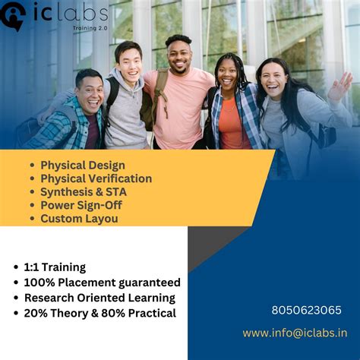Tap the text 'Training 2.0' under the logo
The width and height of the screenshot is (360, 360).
click(90, 27)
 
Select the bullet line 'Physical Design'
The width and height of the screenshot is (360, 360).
click(83, 165)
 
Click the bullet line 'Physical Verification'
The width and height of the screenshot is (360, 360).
click(96, 178)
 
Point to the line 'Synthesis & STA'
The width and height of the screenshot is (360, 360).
click(84, 191)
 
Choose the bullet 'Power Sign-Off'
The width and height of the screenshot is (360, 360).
click(81, 205)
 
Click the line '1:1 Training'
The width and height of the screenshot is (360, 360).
click(55, 267)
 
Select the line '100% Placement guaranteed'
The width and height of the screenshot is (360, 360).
click(102, 283)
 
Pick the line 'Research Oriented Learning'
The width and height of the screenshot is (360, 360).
click(99, 298)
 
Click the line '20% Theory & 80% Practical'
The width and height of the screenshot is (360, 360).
click(99, 313)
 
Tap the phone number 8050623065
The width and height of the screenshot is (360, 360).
click(306, 310)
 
